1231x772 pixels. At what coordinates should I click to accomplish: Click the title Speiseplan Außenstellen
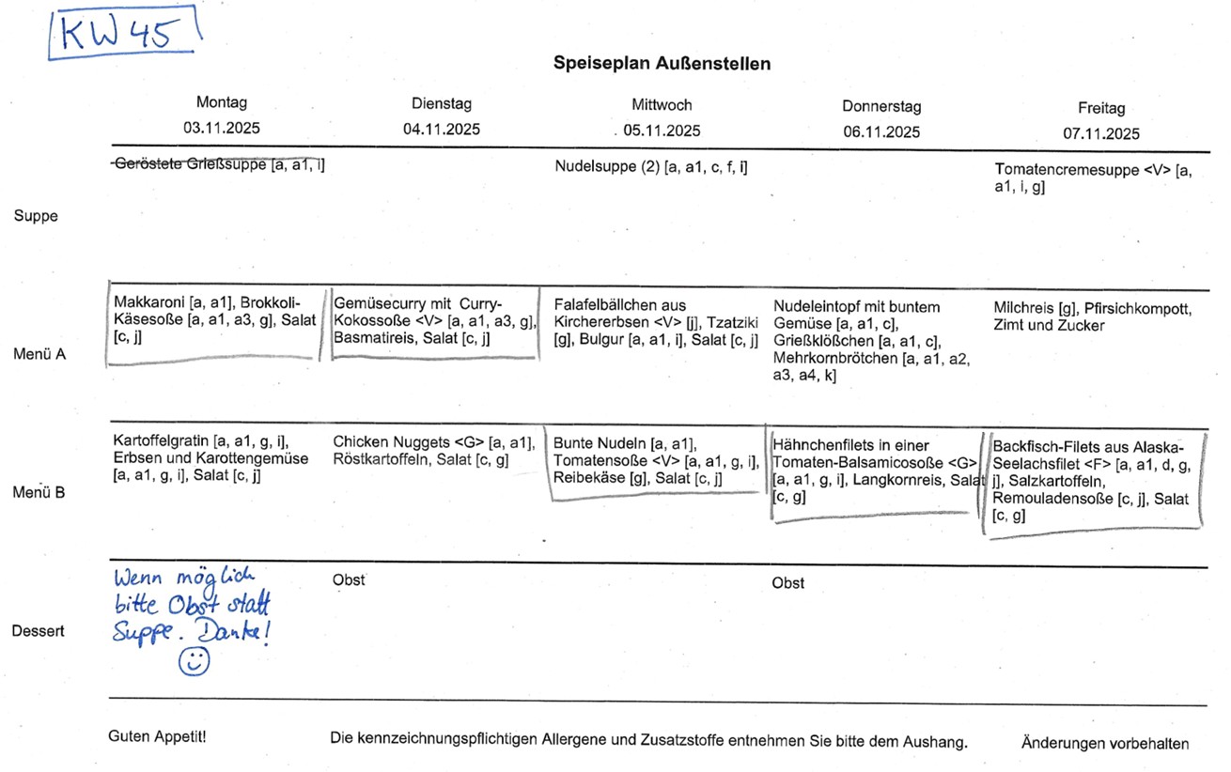tap(662, 64)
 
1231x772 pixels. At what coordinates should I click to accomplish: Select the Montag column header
tap(222, 102)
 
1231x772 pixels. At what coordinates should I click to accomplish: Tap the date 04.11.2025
tap(442, 130)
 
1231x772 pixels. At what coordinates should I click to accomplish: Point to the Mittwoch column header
tap(662, 104)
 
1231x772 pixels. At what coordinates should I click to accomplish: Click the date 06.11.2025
tap(881, 132)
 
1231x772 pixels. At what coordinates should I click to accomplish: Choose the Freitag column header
tap(1101, 108)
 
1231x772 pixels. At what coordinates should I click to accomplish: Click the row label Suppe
tap(36, 216)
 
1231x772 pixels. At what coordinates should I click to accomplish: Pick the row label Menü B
tap(39, 492)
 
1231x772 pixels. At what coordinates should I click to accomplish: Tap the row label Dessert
tap(39, 631)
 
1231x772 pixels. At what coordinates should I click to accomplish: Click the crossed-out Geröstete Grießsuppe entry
tap(218, 165)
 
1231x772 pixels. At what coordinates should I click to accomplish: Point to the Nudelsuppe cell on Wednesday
tap(651, 168)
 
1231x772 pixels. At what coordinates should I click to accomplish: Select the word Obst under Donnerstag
tap(787, 583)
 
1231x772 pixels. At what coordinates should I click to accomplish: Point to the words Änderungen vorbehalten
tap(1104, 743)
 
